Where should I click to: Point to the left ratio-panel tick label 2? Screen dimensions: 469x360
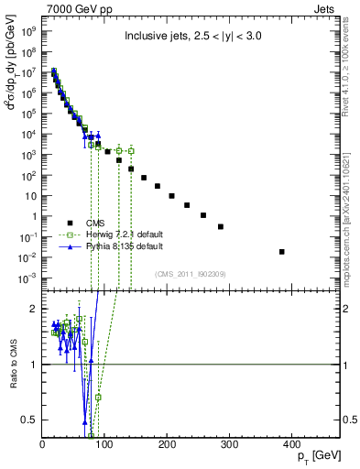tap(35, 309)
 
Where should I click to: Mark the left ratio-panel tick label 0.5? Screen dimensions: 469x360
tap(31, 420)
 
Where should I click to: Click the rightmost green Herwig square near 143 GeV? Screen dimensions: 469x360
tap(131, 150)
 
